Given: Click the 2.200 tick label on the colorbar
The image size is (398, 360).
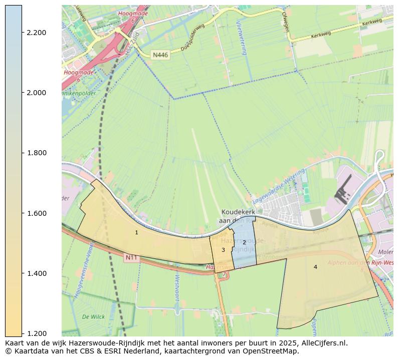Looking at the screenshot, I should tap(36, 33).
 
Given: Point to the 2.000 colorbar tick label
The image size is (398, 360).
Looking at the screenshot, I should tap(36, 93).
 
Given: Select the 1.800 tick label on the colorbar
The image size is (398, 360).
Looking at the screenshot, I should tap(36, 153).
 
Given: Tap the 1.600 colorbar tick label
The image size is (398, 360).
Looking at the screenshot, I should tap(36, 213).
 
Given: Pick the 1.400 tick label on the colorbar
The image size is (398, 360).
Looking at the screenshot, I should tap(36, 273).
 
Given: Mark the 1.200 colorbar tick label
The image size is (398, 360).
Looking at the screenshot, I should tap(36, 333).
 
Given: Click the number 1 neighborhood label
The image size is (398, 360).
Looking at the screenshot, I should tap(136, 233).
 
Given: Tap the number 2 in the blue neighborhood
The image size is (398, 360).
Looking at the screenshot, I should tap(244, 242).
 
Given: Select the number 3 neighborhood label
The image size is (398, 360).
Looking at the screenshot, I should tap(223, 250).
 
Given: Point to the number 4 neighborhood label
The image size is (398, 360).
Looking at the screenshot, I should tap(315, 267).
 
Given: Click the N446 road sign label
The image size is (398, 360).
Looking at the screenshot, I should tap(160, 55).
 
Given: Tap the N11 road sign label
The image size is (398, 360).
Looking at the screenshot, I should tap(131, 258).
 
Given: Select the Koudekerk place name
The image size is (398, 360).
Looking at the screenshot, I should tap(239, 212).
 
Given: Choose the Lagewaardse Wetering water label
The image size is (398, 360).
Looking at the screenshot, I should tap(279, 186).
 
